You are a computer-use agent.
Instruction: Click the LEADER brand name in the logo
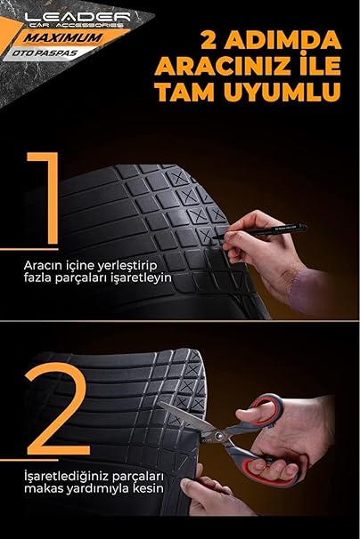point(78,17)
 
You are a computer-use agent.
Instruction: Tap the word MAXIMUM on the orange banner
point(63,37)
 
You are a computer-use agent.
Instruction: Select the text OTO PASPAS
point(45,53)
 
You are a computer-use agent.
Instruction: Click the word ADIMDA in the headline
point(282,40)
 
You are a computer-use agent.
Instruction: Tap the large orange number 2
point(58,408)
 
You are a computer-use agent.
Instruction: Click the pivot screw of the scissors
point(217,436)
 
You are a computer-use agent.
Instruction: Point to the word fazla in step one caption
point(37,278)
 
